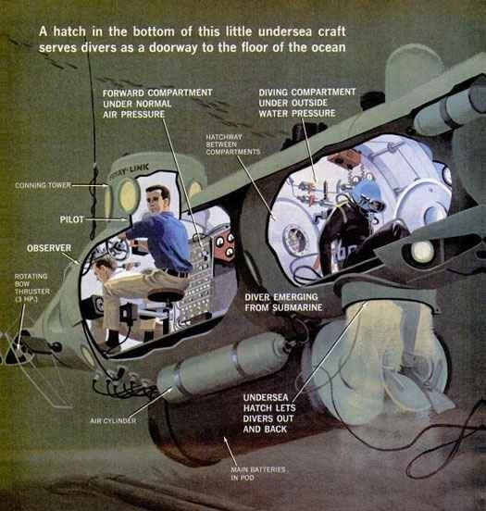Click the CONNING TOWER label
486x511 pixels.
[43, 185]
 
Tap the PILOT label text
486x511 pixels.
[71, 219]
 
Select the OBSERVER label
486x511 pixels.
[49, 248]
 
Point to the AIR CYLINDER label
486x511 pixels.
[113, 420]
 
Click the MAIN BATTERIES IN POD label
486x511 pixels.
[258, 474]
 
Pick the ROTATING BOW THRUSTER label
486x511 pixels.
[32, 288]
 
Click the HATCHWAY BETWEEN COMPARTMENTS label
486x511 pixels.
[232, 144]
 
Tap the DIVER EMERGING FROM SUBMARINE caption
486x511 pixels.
[283, 302]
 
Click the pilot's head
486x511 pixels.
[158, 199]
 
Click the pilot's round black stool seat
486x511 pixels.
[166, 296]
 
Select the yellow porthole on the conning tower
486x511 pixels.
[129, 193]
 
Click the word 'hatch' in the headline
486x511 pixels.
[69, 31]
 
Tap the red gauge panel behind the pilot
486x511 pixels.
[223, 246]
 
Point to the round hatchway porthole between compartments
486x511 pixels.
[295, 240]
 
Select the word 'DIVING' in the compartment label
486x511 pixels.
[273, 93]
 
